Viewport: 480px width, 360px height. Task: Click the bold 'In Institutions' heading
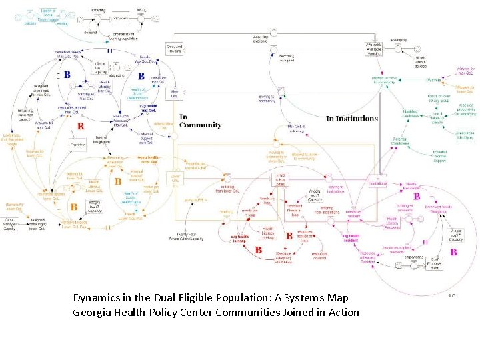[351, 119]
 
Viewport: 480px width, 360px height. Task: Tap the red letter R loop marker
[80, 125]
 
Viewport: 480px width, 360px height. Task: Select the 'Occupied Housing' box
[175, 49]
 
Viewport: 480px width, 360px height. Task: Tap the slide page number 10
[451, 297]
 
